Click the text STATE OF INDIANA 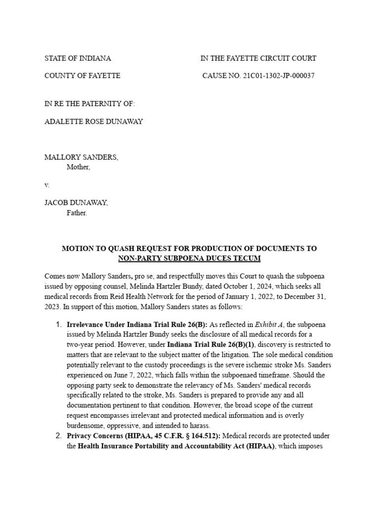(x=77, y=58)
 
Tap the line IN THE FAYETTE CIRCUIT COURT (x=258, y=58)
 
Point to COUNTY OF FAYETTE (x=82, y=76)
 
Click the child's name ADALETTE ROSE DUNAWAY (x=94, y=121)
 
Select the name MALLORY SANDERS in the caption (x=81, y=157)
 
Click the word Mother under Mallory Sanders (x=78, y=167)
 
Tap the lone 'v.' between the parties (x=47, y=185)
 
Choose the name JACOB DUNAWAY (x=76, y=203)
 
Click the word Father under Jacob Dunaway (x=76, y=213)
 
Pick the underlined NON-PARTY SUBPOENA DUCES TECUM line (x=189, y=258)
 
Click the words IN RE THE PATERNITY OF (x=89, y=104)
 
